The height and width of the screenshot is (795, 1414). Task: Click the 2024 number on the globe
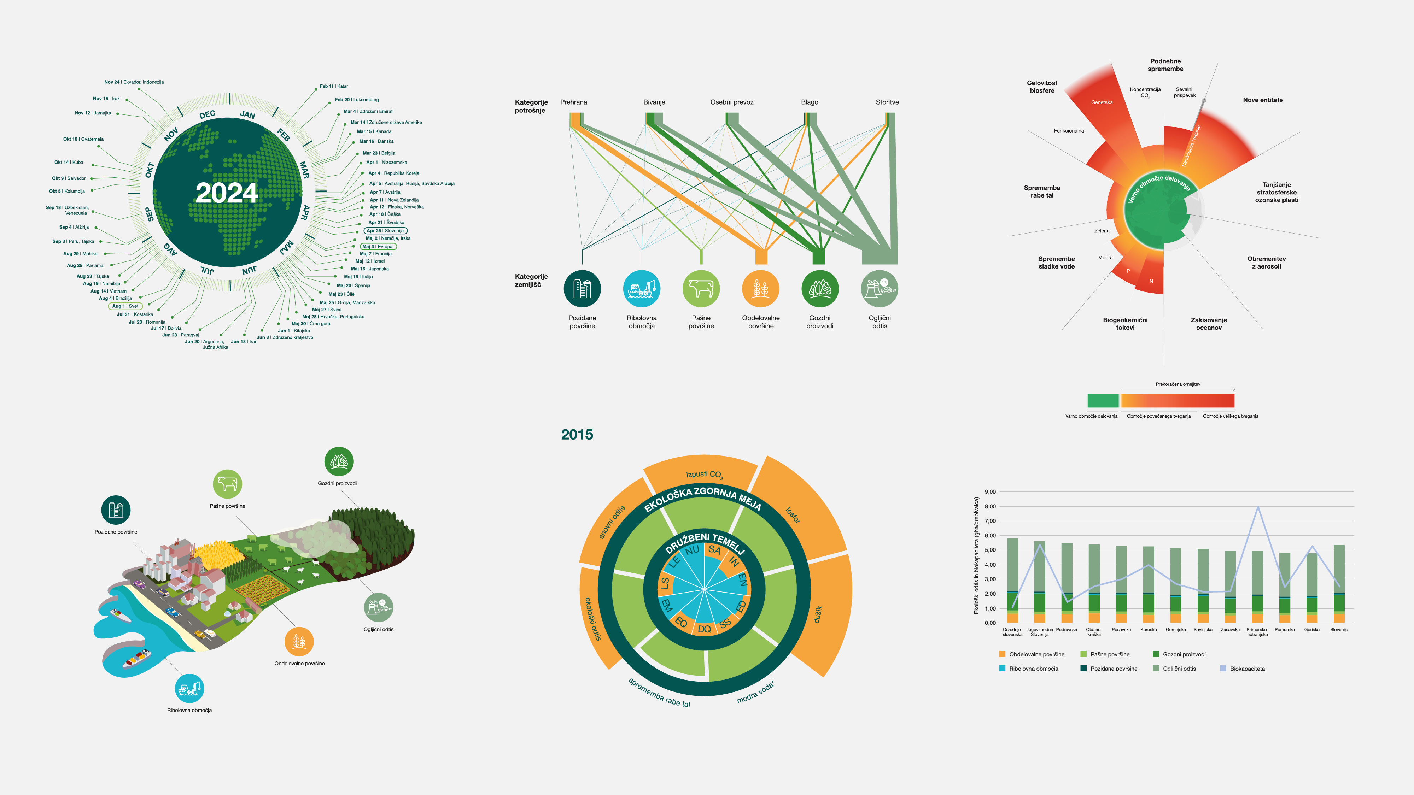coord(226,193)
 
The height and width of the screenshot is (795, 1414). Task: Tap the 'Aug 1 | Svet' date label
coord(126,306)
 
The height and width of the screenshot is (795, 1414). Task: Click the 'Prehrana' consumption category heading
coord(574,102)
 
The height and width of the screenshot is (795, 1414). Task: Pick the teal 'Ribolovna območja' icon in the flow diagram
coord(642,289)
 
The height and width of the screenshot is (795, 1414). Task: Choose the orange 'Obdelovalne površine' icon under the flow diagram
coord(760,289)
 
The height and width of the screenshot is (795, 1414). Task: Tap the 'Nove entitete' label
coord(1262,100)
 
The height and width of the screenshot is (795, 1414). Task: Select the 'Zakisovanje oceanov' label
coord(1209,324)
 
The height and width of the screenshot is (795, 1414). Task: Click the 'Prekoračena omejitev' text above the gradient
coord(1178,384)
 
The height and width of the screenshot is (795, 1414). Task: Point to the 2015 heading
coord(577,435)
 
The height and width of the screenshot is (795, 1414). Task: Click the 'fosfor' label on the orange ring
coord(793,515)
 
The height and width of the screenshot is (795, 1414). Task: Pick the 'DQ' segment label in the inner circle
coord(704,629)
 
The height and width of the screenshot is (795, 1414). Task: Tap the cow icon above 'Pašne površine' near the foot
coord(227,484)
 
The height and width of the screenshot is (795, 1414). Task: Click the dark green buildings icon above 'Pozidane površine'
coord(116,510)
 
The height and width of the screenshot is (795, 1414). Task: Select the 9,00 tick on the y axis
coord(990,491)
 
